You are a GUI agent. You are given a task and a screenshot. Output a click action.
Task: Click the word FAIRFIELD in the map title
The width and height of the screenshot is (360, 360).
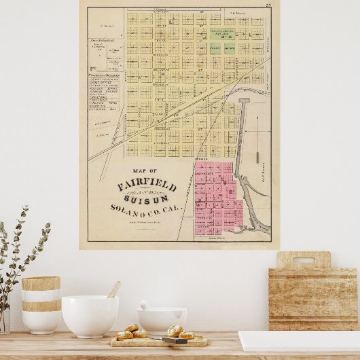(x=147, y=185)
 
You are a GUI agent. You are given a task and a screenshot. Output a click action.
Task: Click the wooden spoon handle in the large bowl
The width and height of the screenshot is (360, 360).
(x=114, y=289)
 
